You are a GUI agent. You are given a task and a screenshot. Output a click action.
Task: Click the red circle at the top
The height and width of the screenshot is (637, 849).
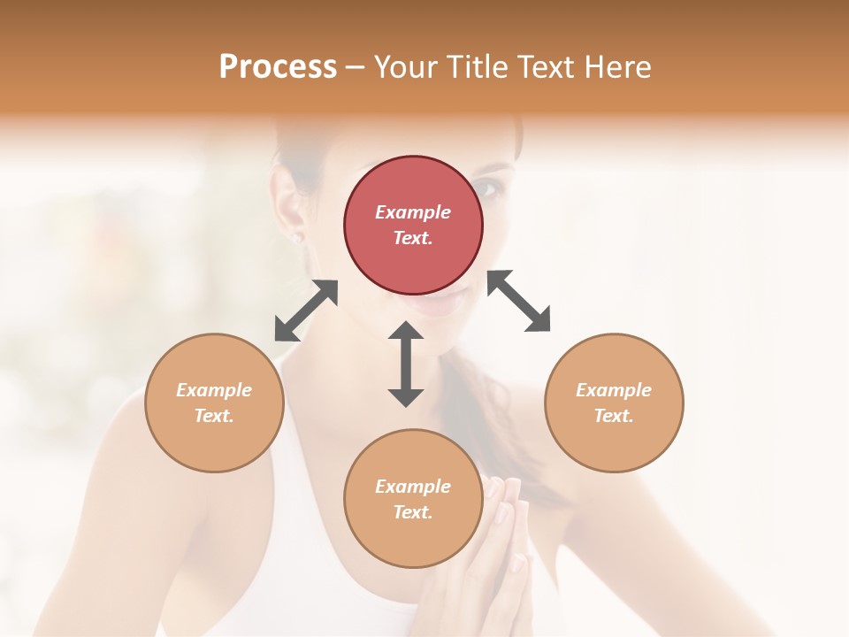(x=413, y=226)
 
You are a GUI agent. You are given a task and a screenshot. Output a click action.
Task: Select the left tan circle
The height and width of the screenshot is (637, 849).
(x=214, y=403)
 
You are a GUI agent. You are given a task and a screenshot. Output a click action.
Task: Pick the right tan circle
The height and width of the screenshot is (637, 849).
(x=614, y=403)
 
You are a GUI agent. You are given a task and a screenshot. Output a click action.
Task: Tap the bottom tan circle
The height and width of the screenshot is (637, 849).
(x=413, y=498)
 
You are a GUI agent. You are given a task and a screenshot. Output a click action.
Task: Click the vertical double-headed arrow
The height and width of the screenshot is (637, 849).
(x=406, y=364)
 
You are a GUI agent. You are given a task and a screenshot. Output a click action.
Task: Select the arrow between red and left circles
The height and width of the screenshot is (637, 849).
(x=306, y=311)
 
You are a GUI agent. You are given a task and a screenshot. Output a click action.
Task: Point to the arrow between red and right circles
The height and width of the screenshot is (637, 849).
(x=519, y=302)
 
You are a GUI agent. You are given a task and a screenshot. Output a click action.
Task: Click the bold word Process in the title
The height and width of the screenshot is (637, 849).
(x=278, y=66)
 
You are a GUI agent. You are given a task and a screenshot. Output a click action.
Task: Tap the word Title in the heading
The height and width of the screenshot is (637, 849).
(x=478, y=66)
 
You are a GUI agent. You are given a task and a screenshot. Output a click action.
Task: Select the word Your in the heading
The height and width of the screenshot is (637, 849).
(x=407, y=66)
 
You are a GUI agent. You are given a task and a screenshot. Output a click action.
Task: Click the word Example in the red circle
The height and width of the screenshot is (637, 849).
(x=413, y=212)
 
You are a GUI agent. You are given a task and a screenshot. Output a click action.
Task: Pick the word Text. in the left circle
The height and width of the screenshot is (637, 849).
(x=214, y=416)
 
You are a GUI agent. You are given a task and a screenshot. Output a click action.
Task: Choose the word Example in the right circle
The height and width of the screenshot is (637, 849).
(x=614, y=390)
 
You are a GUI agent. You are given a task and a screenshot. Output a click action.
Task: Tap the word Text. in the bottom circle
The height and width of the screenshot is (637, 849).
(x=413, y=512)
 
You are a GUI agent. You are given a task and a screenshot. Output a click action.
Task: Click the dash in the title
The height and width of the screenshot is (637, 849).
(x=355, y=67)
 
